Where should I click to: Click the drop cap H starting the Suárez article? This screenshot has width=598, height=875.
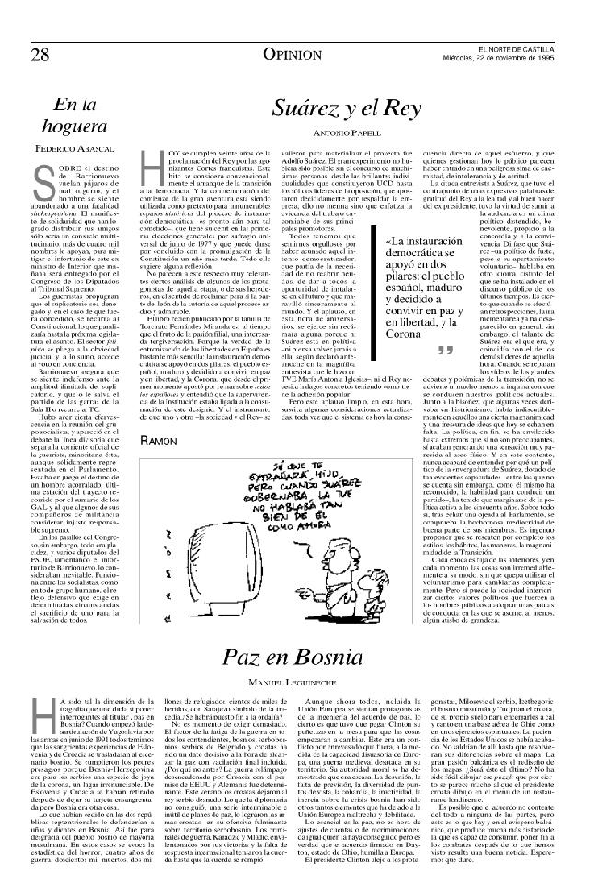click(x=154, y=169)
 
